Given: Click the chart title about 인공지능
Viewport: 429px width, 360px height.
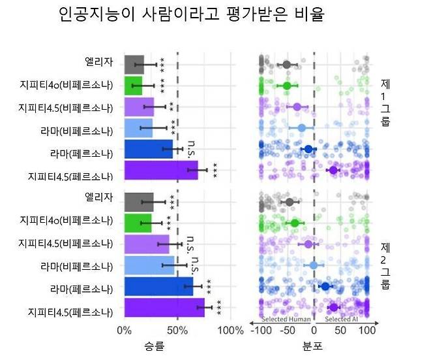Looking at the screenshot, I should pos(190,14).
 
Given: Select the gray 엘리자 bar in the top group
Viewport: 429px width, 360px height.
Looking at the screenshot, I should pos(134,64).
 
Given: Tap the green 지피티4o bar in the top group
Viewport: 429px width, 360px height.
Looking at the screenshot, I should pos(133,86).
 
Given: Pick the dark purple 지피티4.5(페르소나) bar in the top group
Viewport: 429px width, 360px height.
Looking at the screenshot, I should pos(160,171).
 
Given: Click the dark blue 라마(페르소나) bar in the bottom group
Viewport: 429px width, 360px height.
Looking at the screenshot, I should pos(158,286).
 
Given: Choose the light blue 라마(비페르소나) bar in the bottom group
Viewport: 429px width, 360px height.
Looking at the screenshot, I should pos(149,265).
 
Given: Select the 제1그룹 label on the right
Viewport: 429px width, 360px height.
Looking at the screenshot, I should pos(385,103).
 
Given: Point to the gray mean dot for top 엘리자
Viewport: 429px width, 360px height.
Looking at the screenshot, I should pos(286,64).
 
